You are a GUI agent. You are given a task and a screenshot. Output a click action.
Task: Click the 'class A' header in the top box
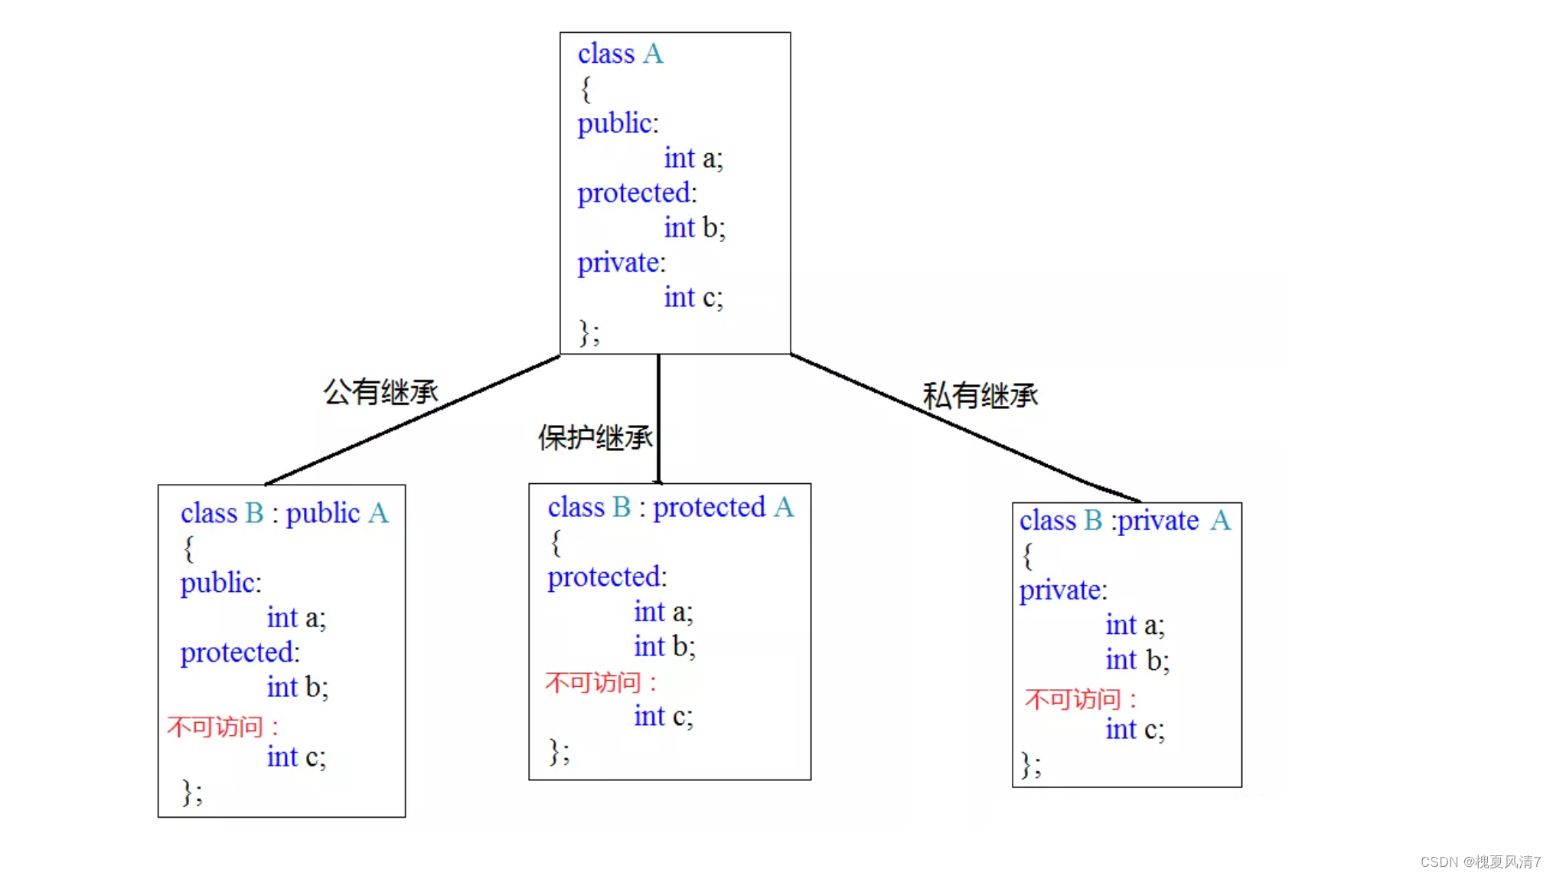[x=620, y=54]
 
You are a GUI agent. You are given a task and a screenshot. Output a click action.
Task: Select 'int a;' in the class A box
[x=693, y=158]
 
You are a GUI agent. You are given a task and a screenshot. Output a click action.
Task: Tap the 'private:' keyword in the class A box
[x=621, y=263]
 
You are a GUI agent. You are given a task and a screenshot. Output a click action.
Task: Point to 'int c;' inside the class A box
[x=693, y=297]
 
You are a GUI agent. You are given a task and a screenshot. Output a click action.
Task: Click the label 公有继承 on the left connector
[x=380, y=392]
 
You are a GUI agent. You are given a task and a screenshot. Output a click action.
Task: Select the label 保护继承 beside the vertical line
[x=595, y=438]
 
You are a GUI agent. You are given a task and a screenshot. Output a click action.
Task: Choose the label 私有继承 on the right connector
[x=980, y=396]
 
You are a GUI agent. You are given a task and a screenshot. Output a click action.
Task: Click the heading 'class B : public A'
[x=284, y=513]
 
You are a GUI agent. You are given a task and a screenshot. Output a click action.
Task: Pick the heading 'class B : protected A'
[x=670, y=507]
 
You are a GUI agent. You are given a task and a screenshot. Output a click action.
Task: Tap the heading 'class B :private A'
[x=1124, y=521]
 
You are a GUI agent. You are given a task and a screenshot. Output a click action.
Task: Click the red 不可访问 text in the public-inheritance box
[x=222, y=726]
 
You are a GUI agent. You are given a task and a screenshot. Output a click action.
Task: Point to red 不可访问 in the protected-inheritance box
[x=600, y=682]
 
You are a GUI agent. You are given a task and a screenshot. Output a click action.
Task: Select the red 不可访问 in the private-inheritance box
[x=1079, y=698]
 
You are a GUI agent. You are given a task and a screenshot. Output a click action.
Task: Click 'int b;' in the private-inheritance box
[x=1137, y=660]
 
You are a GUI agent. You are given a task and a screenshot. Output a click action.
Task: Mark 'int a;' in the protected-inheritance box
[x=663, y=612]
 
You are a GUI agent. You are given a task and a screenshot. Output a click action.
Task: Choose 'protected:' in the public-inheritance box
[x=240, y=653]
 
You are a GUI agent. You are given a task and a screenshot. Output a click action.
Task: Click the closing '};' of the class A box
[x=589, y=333]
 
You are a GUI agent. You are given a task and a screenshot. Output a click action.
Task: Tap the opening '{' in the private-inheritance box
[x=1027, y=556]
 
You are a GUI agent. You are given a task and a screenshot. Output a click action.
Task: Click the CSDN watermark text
[x=1480, y=861]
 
